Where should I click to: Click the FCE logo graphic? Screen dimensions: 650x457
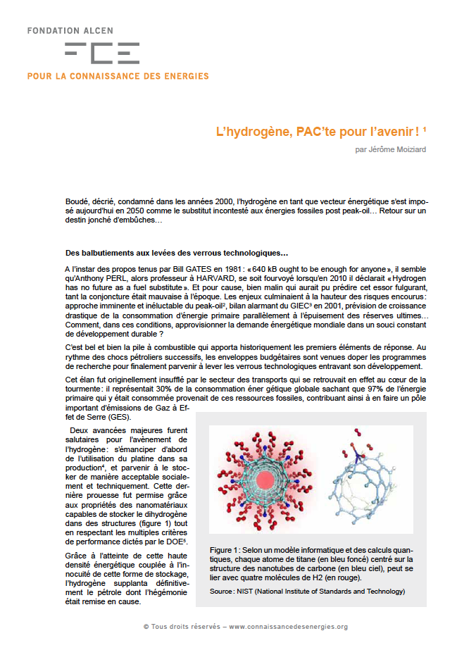pos(101,53)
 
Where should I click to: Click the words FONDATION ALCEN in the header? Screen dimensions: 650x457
pos(70,31)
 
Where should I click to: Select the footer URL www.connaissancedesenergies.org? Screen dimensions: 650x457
pos(289,627)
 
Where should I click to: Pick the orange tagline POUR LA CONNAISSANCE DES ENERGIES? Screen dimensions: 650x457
pos(118,75)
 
